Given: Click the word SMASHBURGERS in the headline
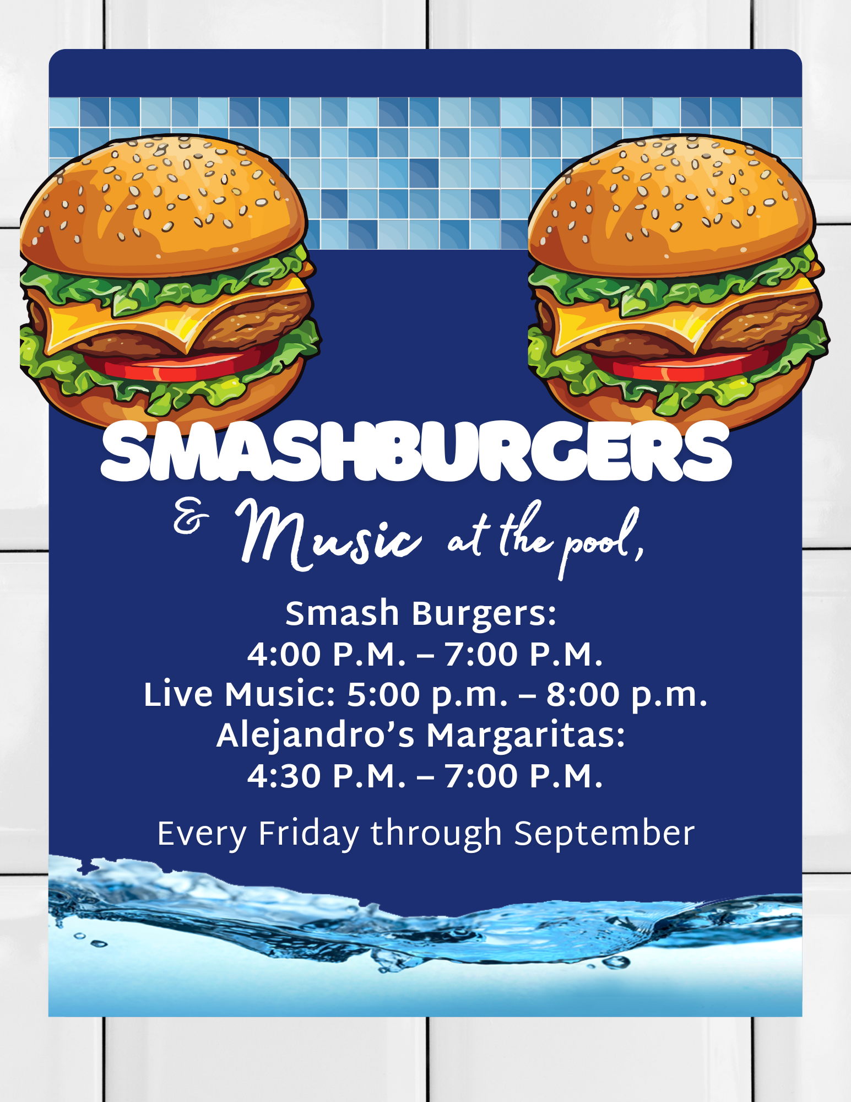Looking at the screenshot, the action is point(416,451).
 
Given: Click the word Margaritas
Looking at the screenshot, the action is point(526,736).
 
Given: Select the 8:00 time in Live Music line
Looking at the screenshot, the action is point(583,694).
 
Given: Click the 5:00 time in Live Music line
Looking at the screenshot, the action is point(383,694).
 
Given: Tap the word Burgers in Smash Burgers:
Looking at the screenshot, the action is point(484,614).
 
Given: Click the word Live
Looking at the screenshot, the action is point(178,694).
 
